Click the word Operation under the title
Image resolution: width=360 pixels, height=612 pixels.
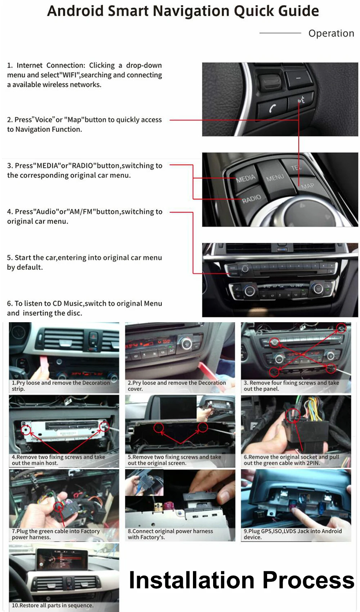(x=331, y=33)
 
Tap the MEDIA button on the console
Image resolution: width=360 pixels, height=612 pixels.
(x=245, y=178)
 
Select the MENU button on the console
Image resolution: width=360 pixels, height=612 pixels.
(x=275, y=177)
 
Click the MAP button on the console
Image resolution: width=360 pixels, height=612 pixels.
(x=307, y=186)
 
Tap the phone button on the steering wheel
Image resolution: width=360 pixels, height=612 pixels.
(x=272, y=108)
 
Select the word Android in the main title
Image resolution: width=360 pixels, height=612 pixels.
(x=75, y=11)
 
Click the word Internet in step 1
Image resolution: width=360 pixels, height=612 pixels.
(x=30, y=65)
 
